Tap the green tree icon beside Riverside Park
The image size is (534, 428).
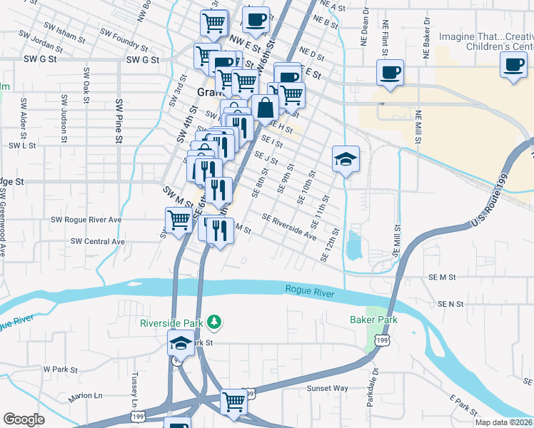pyautogui.click(x=213, y=322)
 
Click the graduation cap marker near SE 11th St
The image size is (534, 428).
pyautogui.click(x=346, y=159)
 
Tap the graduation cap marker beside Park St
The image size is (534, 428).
pyautogui.click(x=181, y=342)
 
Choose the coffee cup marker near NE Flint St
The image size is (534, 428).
pyautogui.click(x=390, y=73)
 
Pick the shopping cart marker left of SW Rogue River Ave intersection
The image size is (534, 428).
pyautogui.click(x=178, y=220)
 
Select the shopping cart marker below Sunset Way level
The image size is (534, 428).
pyautogui.click(x=233, y=402)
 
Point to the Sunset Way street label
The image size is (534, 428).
pyautogui.click(x=328, y=389)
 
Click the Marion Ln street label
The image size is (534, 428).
pyautogui.click(x=86, y=395)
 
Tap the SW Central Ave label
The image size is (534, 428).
pyautogui.click(x=98, y=242)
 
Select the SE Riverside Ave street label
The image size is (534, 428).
pyautogui.click(x=289, y=226)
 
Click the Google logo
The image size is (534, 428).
pyautogui.click(x=24, y=419)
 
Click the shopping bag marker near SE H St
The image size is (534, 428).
pyautogui.click(x=265, y=108)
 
